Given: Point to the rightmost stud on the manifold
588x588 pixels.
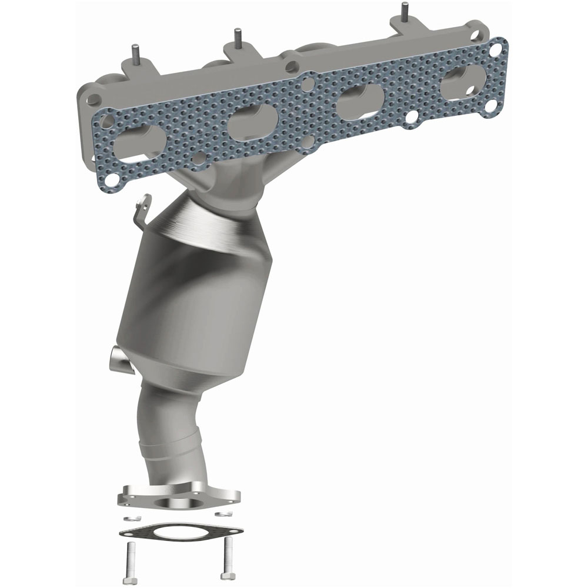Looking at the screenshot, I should [x=404, y=12].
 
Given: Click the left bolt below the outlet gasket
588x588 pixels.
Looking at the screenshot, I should [x=130, y=559].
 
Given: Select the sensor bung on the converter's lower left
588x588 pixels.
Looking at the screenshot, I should [x=118, y=359].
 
